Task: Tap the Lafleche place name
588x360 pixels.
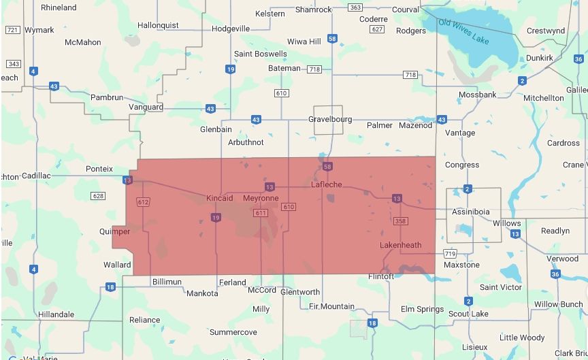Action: pyautogui.click(x=326, y=184)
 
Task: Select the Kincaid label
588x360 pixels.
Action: pyautogui.click(x=219, y=198)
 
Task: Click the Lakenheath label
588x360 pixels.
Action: pyautogui.click(x=400, y=245)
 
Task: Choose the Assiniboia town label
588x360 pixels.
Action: pyautogui.click(x=471, y=212)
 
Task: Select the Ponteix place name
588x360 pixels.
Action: pyautogui.click(x=99, y=168)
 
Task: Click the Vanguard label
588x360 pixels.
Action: pyautogui.click(x=146, y=107)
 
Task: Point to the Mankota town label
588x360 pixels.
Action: pyautogui.click(x=202, y=293)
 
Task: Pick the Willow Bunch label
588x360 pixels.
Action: pyautogui.click(x=558, y=304)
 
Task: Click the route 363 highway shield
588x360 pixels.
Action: pyautogui.click(x=355, y=7)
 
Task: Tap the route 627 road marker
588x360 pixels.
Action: pyautogui.click(x=378, y=29)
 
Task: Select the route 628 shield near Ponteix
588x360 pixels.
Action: pyautogui.click(x=98, y=196)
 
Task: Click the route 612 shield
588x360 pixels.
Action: pyautogui.click(x=143, y=202)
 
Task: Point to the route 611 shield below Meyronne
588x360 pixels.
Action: pyautogui.click(x=260, y=213)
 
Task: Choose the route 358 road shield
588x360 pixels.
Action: pyautogui.click(x=401, y=220)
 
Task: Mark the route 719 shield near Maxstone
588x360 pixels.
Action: pyautogui.click(x=450, y=254)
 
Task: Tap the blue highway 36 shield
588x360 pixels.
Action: pyautogui.click(x=555, y=274)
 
